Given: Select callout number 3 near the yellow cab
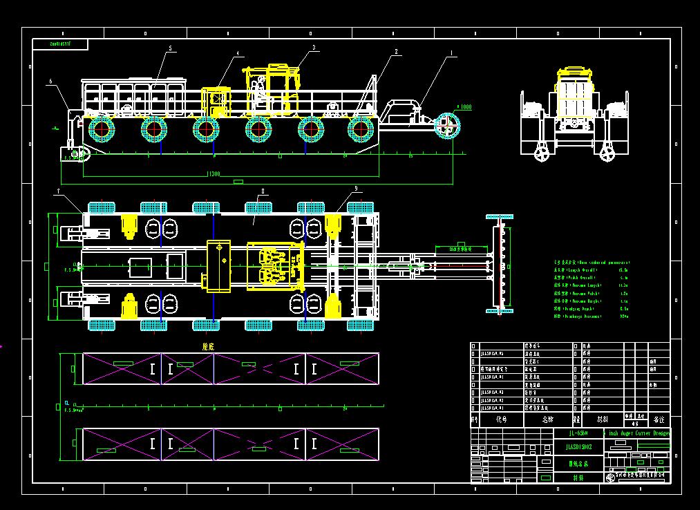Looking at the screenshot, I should pyautogui.click(x=314, y=47).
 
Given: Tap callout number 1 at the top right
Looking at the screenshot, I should pyautogui.click(x=453, y=52).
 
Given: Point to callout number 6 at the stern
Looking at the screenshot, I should pyautogui.click(x=50, y=81).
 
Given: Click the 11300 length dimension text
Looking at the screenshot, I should pyautogui.click(x=213, y=174).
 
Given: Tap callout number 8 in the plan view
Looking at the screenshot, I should pyautogui.click(x=263, y=190).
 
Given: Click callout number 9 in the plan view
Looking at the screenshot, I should pyautogui.click(x=355, y=188).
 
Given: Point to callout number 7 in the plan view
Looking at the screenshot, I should pyautogui.click(x=59, y=190).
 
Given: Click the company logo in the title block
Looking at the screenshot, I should pyautogui.click(x=612, y=475).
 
